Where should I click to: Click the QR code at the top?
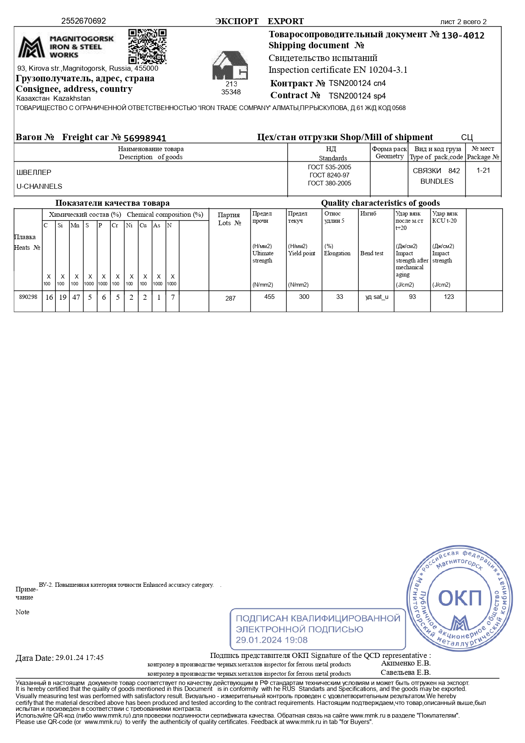coord(147,47)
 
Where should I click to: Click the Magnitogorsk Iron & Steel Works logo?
coord(66,47)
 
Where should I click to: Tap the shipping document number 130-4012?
coord(463,36)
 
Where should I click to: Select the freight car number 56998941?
coord(145,138)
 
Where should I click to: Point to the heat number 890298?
coord(28,297)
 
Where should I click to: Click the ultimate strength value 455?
coord(269,297)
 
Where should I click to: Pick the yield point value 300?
coord(304,297)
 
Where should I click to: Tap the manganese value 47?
coord(76,297)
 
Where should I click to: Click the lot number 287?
coord(231,298)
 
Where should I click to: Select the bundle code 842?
coord(454,171)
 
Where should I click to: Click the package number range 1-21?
coord(483,170)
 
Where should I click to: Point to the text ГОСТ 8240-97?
coord(330,175)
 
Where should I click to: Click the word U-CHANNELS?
coord(39,186)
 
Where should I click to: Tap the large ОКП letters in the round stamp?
coord(460,598)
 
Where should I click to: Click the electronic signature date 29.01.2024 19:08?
coord(272,640)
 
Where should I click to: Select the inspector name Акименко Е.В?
coord(406,663)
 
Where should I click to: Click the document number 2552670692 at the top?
coord(84,21)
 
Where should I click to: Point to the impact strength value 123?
coord(449,297)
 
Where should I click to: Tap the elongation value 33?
coord(340,297)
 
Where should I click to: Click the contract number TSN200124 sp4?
coord(357,96)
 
